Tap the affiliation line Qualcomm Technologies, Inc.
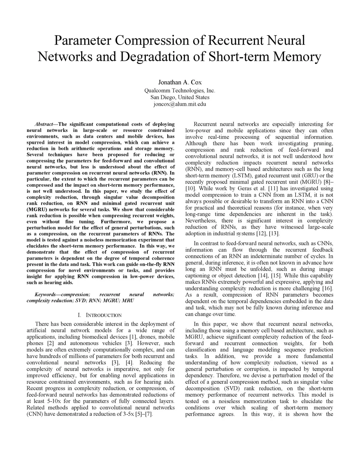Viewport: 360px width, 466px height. point(180,90)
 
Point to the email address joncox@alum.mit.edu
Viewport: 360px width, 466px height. point(180,104)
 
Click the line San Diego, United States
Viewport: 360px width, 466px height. point(180,97)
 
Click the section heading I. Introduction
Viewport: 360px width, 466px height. point(100,315)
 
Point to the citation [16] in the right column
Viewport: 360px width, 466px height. point(327,288)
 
